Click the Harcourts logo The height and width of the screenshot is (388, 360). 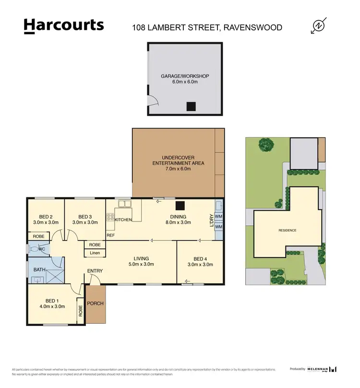click(x=63, y=26)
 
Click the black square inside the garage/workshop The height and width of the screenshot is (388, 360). click(x=192, y=107)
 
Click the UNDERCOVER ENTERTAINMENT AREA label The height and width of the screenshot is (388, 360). click(x=178, y=160)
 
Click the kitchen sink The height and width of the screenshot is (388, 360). click(x=125, y=205)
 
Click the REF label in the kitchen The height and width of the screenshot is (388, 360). click(x=110, y=235)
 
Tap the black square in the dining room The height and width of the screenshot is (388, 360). click(x=180, y=206)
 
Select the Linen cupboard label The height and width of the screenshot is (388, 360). click(x=95, y=253)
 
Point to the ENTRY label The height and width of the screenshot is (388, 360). click(x=95, y=271)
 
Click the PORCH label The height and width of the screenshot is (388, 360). click(x=95, y=303)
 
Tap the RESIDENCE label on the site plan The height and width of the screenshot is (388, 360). click(x=287, y=230)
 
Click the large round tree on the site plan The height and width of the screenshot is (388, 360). click(x=265, y=144)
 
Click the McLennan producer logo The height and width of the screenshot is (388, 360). click(x=320, y=369)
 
